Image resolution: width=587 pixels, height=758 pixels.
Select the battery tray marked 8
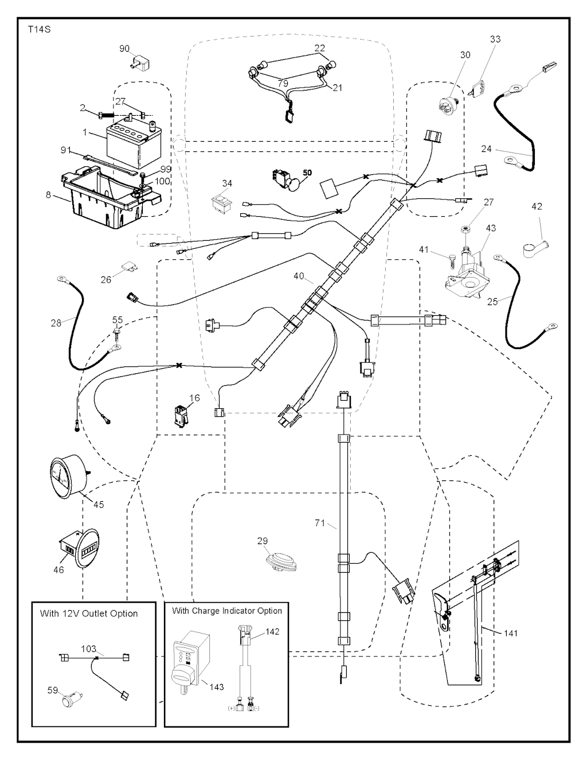109,198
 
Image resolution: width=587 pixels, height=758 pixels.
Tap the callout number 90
124,49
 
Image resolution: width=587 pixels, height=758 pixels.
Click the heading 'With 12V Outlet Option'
89,614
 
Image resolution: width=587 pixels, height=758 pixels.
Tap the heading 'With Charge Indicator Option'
227,611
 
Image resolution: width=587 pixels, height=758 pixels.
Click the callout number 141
511,633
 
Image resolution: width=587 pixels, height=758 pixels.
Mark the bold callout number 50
307,173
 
